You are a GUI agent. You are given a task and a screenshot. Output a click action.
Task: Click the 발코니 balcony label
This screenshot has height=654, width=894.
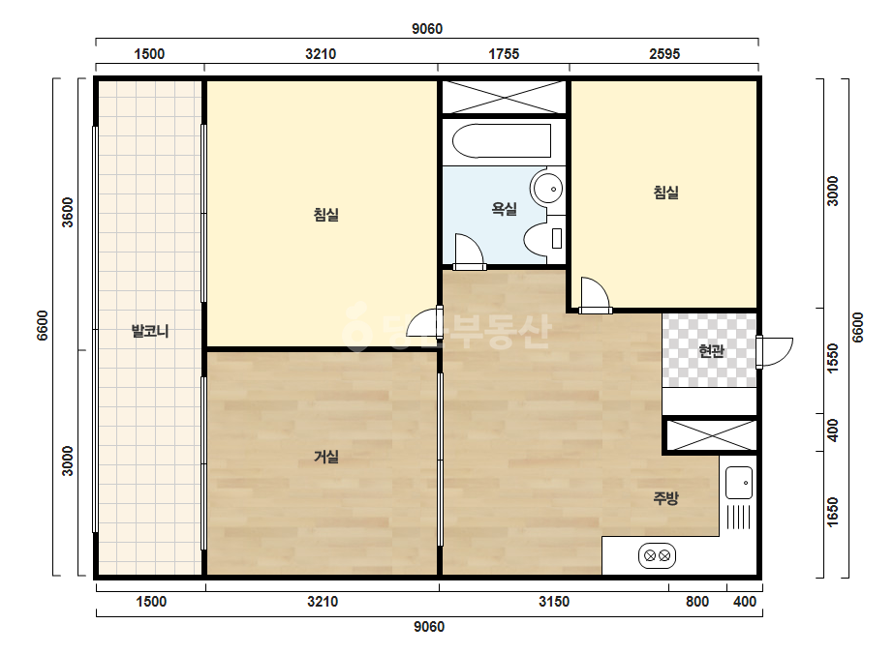pos(150,331)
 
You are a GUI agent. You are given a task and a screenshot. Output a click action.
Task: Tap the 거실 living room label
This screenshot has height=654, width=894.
pos(326,457)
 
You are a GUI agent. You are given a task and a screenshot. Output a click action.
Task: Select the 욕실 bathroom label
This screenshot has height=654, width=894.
pos(504,209)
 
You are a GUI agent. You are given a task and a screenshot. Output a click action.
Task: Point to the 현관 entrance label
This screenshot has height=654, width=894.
pos(711,350)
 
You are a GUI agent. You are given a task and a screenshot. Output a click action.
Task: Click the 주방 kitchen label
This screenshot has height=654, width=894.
pos(666,498)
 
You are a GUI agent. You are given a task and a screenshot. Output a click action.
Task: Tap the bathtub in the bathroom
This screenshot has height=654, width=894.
pos(502,140)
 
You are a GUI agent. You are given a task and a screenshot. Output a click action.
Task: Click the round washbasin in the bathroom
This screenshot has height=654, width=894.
pos(547,188)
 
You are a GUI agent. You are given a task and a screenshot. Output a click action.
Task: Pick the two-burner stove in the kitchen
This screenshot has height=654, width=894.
pos(657,555)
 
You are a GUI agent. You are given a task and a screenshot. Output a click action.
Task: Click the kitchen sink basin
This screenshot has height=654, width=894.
pos(739,483)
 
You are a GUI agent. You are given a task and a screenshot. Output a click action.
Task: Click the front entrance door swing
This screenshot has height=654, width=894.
pos(775,352)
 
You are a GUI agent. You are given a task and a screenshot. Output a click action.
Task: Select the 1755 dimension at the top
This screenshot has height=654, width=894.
pos(504,54)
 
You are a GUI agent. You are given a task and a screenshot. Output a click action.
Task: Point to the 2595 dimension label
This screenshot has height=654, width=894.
pos(664,54)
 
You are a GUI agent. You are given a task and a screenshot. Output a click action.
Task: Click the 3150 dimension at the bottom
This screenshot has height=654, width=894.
pos(554,602)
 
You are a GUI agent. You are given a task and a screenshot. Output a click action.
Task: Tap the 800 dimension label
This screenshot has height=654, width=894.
pos(697,602)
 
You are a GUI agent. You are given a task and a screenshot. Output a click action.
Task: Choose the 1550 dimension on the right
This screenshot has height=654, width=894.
pos(833,358)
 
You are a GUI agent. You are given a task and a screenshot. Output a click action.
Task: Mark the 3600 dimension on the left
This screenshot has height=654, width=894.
pos(67,212)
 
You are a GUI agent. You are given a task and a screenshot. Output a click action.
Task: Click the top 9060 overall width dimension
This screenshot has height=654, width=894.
pos(427,28)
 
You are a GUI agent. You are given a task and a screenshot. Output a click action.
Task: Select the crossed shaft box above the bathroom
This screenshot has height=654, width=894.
pos(504,98)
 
